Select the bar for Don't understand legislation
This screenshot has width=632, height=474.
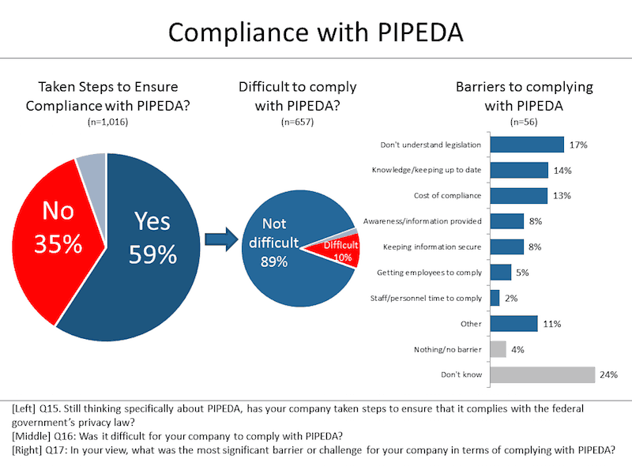[x=527, y=145]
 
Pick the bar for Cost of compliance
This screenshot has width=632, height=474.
[x=519, y=195]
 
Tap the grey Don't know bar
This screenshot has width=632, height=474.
[x=542, y=374]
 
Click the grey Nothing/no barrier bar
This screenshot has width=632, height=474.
[x=498, y=348]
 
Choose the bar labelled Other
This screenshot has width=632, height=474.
[x=514, y=323]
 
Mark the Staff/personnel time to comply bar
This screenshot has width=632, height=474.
[x=495, y=298]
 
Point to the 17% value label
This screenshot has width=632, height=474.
[x=577, y=145]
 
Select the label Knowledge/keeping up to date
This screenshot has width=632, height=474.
[x=427, y=170]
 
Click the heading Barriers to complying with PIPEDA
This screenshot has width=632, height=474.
[x=524, y=96]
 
